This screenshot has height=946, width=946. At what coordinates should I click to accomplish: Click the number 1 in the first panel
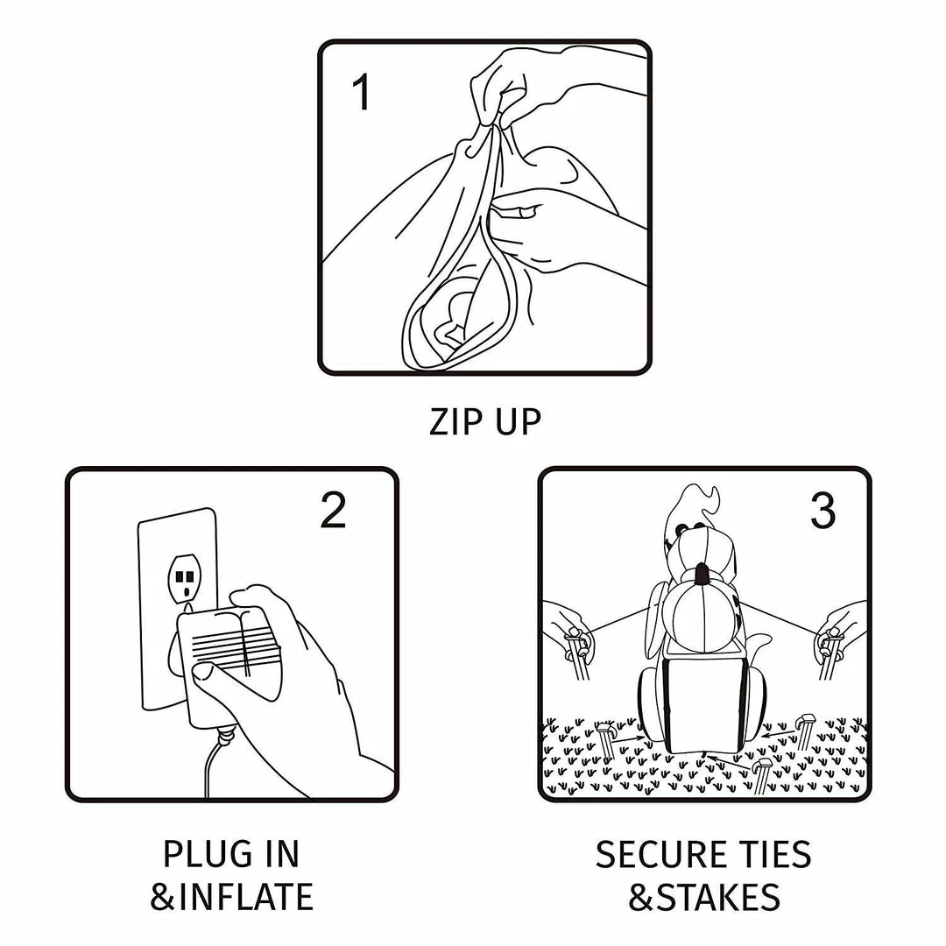[x=362, y=92]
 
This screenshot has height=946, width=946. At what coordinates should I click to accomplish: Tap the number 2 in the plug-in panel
[x=333, y=511]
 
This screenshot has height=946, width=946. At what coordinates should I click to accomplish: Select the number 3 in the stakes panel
[x=822, y=511]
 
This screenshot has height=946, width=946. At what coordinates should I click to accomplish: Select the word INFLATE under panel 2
[x=246, y=897]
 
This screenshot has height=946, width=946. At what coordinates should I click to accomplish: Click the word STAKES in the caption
[x=718, y=897]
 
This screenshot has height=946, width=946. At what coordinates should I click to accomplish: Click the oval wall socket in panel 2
[x=185, y=580]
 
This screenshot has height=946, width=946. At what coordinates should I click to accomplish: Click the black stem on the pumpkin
[x=701, y=574]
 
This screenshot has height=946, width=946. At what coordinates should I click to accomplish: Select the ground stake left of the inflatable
[x=605, y=742]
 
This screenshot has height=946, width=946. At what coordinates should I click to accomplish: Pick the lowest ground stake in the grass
[x=761, y=776]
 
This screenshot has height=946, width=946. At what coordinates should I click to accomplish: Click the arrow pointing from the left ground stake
[x=629, y=738]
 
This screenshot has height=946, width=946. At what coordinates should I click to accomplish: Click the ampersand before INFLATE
[x=163, y=897]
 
